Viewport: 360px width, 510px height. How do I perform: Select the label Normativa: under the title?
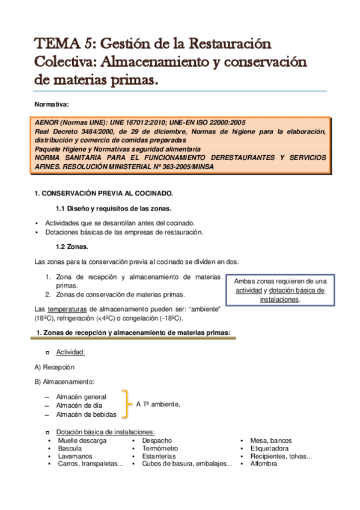click(52, 104)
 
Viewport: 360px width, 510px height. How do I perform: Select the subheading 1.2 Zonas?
click(72, 247)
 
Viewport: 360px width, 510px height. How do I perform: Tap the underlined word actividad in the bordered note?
click(248, 290)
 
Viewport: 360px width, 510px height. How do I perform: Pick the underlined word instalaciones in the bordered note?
click(279, 299)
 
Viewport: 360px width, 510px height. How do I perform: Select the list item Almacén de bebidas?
click(86, 414)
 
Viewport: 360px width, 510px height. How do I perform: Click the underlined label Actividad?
click(70, 352)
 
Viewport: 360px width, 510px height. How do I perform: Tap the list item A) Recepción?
click(55, 367)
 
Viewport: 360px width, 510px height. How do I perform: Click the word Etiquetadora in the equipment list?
click(269, 449)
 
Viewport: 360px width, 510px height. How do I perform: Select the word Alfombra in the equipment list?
click(264, 464)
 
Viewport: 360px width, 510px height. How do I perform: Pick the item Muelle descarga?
click(82, 441)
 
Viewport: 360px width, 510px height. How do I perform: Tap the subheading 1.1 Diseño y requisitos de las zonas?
click(114, 209)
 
